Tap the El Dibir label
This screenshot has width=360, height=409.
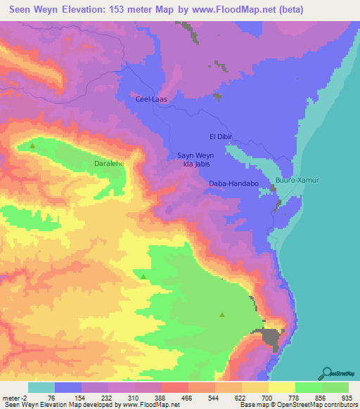(x=220, y=136)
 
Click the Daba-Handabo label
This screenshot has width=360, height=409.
(x=234, y=184)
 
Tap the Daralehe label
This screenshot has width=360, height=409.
(x=109, y=163)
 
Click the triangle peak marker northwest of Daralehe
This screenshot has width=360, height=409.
(x=32, y=146)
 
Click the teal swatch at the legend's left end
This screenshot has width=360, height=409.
(x=41, y=387)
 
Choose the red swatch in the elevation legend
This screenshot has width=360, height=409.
(x=175, y=387)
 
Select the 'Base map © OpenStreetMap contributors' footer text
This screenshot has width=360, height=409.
(x=297, y=404)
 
